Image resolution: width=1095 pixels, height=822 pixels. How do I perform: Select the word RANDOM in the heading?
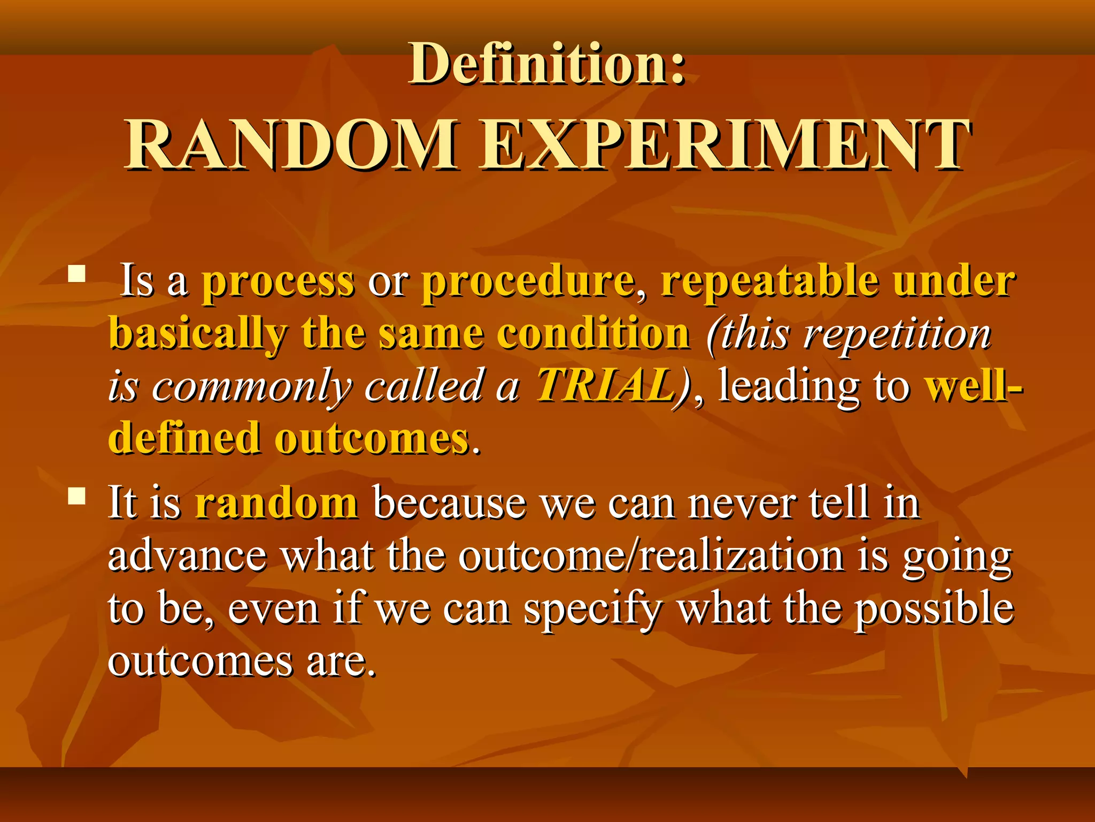pyautogui.click(x=291, y=146)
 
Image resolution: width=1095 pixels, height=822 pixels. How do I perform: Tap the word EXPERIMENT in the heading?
pyautogui.click(x=724, y=146)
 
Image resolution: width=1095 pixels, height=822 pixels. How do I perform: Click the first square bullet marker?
pyautogui.click(x=78, y=275)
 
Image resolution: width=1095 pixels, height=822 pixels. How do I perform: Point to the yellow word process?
pyautogui.click(x=278, y=282)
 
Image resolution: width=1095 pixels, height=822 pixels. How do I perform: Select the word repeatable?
pyautogui.click(x=770, y=282)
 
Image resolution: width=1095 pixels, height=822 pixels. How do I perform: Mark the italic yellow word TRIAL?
pyautogui.click(x=607, y=385)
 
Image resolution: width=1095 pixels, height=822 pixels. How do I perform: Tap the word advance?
pyautogui.click(x=187, y=557)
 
